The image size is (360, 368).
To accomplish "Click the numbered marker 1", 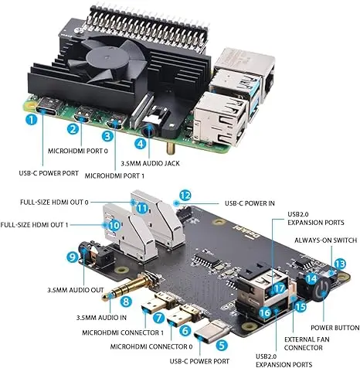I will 31,119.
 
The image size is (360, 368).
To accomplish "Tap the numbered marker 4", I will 140,142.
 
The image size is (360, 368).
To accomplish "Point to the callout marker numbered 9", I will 73,256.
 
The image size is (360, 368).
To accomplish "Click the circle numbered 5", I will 220,347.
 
